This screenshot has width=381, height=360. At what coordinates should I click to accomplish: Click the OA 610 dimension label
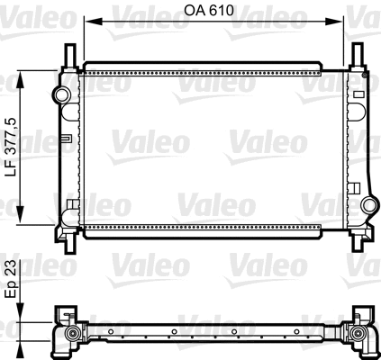[213, 13]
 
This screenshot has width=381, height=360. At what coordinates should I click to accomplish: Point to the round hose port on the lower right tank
[367, 206]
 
